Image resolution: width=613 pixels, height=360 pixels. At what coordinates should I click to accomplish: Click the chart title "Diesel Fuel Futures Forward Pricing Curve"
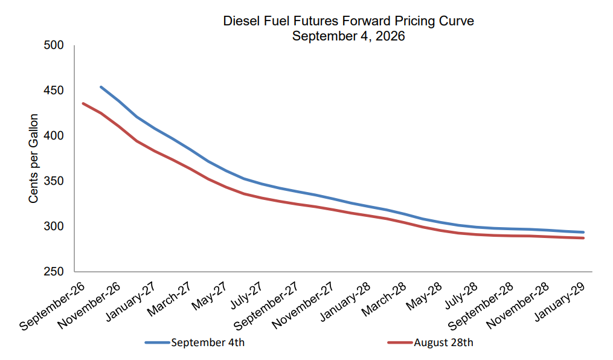click(348, 21)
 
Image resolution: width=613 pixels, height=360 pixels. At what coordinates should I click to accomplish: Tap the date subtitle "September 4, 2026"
click(348, 36)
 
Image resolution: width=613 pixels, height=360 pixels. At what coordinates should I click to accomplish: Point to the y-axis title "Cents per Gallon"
click(33, 158)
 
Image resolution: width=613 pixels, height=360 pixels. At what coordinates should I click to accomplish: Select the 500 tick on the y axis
click(54, 45)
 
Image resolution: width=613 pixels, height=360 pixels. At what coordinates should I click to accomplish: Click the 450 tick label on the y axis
click(54, 91)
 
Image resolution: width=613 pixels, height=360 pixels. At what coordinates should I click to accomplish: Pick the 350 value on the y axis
click(54, 181)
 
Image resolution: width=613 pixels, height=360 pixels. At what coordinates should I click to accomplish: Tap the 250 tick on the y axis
click(54, 272)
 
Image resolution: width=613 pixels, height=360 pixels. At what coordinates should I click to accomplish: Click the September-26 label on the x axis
click(52, 306)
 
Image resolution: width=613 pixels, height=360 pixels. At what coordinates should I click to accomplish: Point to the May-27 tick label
click(209, 296)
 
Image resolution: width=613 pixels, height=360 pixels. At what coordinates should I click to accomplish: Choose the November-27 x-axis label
click(303, 305)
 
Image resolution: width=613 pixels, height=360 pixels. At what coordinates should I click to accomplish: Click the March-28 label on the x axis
click(384, 299)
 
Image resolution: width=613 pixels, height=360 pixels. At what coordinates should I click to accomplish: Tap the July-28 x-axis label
click(461, 295)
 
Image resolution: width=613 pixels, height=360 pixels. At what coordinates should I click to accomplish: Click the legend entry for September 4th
click(194, 343)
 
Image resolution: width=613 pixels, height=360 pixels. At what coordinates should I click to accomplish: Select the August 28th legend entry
click(431, 343)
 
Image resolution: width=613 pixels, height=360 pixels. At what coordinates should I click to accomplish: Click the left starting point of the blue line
click(101, 87)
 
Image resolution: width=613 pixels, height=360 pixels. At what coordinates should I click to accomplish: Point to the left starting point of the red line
click(83, 103)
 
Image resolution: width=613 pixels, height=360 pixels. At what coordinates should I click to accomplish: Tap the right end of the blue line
click(583, 232)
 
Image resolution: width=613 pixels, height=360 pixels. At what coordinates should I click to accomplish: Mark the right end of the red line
click(583, 238)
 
